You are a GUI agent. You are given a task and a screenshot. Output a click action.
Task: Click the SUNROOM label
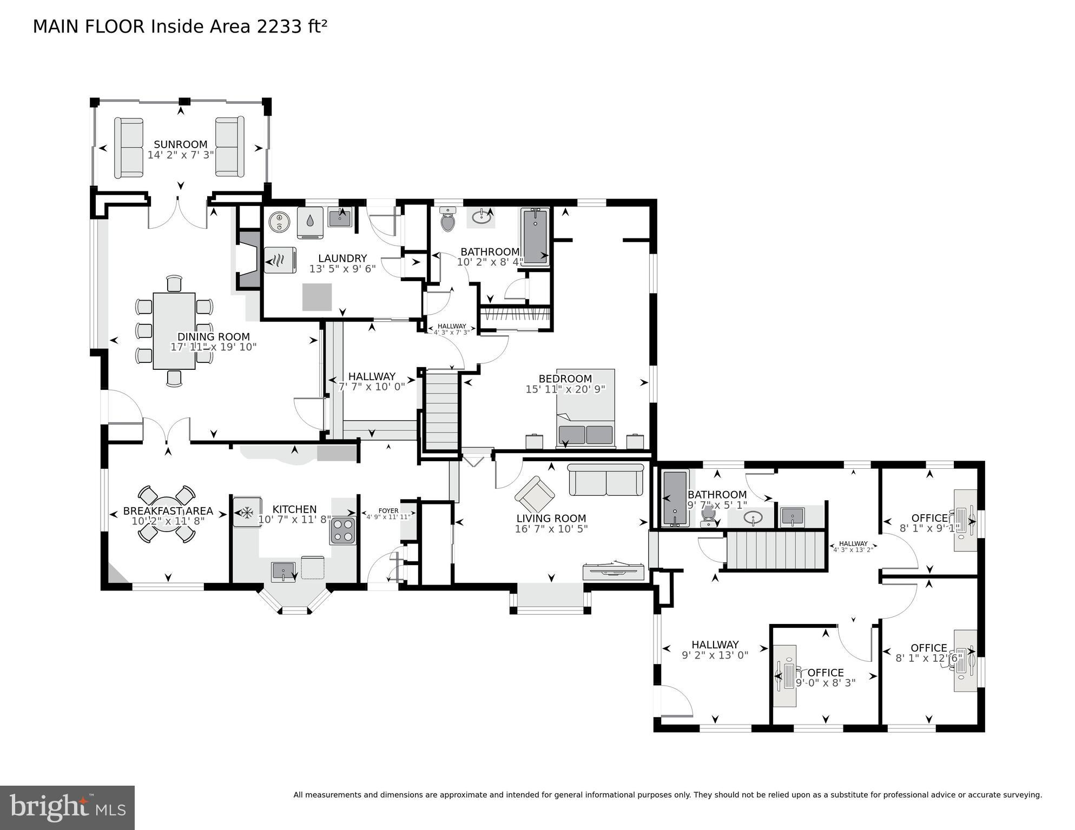(180, 144)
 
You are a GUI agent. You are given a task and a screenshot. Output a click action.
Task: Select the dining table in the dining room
(174, 330)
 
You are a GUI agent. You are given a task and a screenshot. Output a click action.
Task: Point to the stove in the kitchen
(342, 530)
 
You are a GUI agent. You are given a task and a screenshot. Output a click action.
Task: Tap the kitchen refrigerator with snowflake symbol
(247, 512)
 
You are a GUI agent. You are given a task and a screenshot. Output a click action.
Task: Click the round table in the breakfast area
(167, 514)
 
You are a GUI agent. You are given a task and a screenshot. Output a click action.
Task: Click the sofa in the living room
(605, 480)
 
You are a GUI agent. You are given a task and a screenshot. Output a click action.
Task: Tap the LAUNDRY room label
(342, 258)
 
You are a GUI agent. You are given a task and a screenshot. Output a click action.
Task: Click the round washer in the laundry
(280, 222)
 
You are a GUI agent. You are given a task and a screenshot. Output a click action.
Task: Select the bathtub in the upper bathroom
(535, 236)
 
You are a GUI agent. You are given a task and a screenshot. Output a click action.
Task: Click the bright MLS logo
(67, 807)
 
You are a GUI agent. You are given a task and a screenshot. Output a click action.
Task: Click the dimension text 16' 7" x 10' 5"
(551, 529)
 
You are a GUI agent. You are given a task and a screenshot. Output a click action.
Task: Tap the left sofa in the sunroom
(129, 148)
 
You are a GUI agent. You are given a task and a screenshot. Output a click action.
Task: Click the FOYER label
(388, 510)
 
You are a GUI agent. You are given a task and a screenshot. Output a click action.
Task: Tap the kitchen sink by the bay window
(283, 570)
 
